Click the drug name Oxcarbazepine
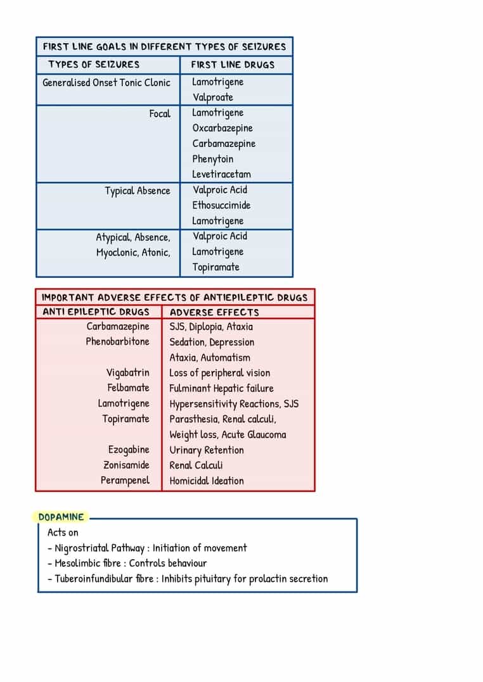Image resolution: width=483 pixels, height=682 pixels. coord(222,128)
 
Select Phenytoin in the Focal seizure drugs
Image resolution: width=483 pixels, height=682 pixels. coord(213,159)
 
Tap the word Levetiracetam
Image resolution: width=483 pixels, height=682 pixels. coord(222,174)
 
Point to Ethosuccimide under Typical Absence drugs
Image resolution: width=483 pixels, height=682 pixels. coord(222,205)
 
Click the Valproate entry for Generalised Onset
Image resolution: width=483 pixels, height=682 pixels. coord(213,97)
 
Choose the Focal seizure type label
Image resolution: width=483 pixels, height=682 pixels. coord(160,113)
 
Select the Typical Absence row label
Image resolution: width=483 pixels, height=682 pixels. coord(138,191)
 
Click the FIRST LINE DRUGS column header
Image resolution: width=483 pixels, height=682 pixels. coord(233,65)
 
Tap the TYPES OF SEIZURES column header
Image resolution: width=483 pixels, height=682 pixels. coord(94,65)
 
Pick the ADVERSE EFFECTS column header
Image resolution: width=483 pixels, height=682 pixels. coord(214,312)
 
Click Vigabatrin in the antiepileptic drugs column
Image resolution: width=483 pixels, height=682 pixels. coord(128,372)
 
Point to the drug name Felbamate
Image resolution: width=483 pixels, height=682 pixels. coord(129,388)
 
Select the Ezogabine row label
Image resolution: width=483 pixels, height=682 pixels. coord(129,450)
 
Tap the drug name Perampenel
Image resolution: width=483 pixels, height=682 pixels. coord(125,480)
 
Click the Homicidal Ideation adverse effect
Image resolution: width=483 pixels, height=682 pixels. coord(207,481)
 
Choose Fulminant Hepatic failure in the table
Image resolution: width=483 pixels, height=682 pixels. coord(222,388)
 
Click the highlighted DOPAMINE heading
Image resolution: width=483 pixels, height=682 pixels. coord(61,517)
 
